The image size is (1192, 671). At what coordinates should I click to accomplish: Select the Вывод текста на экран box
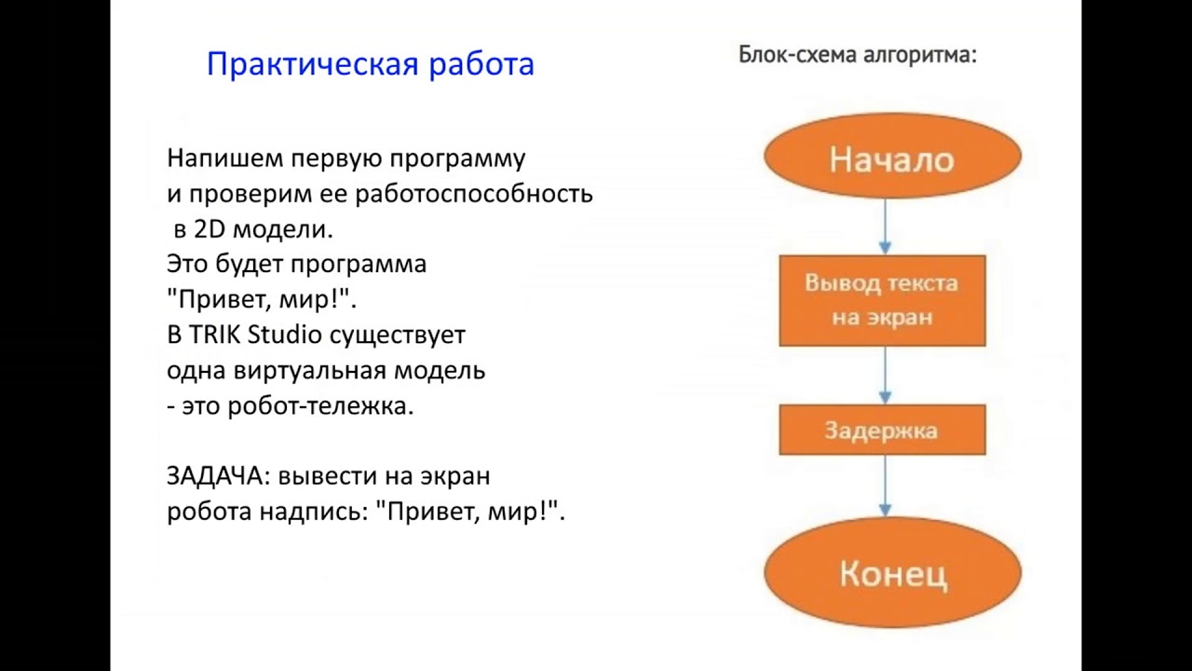882,300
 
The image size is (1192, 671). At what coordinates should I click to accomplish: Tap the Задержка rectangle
882,431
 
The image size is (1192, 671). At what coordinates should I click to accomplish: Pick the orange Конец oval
892,572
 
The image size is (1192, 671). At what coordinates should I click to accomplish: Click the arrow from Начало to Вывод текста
885,226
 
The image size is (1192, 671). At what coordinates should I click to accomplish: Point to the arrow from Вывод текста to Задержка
885,375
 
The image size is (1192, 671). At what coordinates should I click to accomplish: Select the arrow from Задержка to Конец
885,485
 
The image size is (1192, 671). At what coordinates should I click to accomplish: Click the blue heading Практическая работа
370,64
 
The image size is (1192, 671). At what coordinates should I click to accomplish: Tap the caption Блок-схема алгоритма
857,55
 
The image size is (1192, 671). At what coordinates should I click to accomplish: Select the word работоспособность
474,194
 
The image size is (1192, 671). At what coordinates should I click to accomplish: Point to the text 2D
210,229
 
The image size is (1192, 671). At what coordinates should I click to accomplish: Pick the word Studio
283,335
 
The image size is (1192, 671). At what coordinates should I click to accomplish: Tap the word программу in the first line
457,158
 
